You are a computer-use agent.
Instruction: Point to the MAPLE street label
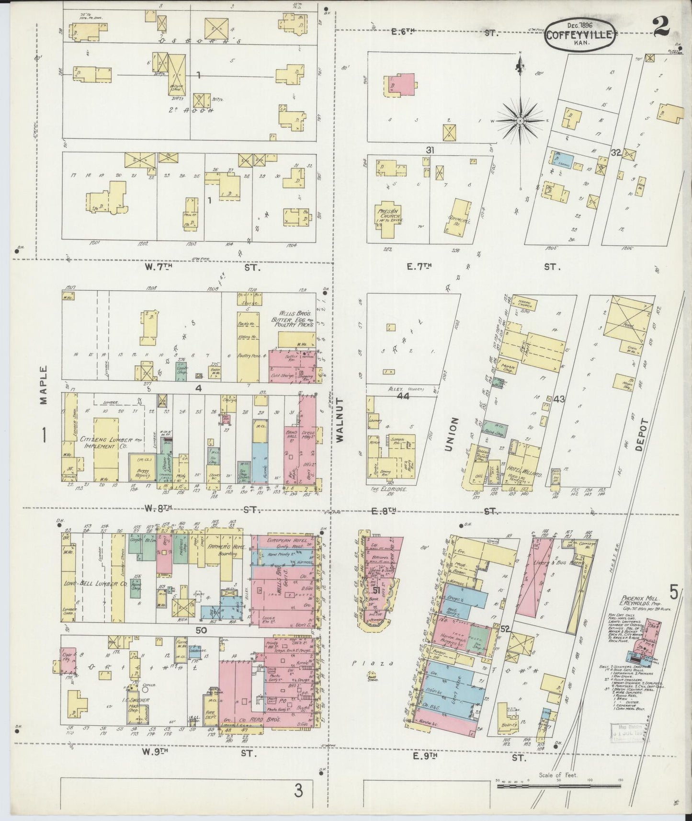(x=44, y=386)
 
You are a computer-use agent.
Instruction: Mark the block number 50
(x=201, y=630)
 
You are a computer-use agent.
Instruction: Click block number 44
(x=403, y=396)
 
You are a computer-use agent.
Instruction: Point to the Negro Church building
(x=525, y=303)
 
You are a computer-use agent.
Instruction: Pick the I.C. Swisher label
(x=139, y=700)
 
